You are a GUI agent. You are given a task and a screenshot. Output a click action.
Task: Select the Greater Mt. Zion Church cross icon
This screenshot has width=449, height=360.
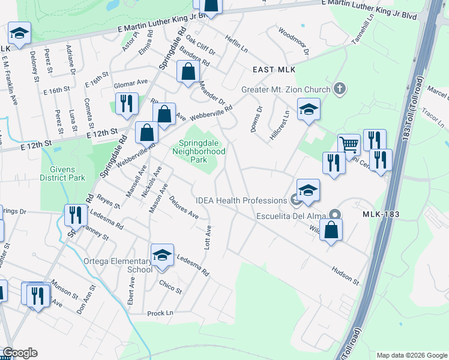pos(340,89)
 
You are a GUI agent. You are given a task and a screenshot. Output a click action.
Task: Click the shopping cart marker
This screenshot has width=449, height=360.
pos(349,145)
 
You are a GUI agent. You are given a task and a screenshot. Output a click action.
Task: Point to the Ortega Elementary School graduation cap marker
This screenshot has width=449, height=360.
pos(162,255)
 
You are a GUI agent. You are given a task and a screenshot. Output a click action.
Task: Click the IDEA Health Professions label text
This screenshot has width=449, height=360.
pos(241,200)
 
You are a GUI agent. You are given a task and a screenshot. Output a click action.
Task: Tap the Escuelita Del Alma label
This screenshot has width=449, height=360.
pos(291,216)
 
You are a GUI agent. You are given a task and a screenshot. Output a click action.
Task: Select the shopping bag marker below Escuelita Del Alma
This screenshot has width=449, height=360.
pos(331,230)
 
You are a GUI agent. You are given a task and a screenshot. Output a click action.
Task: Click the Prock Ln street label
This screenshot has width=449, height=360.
pos(161,313)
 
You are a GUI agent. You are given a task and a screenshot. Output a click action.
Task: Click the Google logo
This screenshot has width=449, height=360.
pos(20,353)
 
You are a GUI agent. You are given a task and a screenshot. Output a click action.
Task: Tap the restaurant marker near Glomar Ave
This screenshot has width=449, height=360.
pos(126,104)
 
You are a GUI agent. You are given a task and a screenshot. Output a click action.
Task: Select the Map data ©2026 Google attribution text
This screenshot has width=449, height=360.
pos(411,355)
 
